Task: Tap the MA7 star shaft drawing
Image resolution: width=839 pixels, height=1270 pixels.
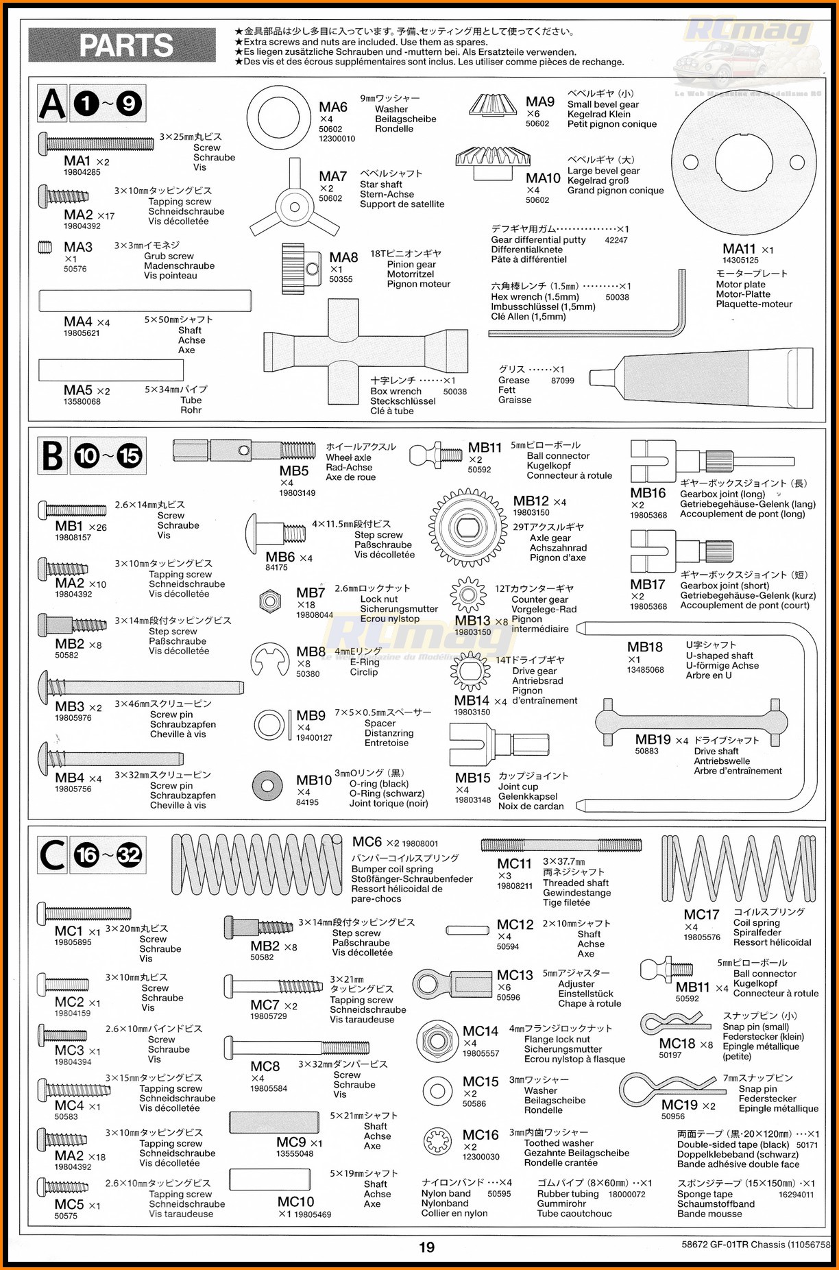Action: [294, 205]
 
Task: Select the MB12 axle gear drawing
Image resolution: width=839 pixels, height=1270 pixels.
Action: [468, 527]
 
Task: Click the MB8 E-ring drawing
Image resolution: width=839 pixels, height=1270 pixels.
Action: [271, 662]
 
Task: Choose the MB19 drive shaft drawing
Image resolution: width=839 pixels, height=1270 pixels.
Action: [692, 721]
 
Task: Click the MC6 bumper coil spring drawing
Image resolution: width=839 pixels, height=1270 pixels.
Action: [256, 865]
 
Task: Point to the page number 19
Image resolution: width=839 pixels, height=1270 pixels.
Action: [426, 1247]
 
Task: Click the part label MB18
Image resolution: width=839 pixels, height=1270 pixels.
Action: [645, 647]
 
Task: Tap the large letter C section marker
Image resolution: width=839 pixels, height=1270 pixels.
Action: [53, 854]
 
